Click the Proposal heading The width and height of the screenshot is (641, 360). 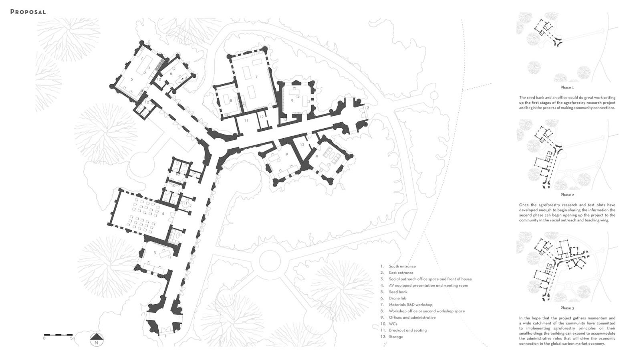(x=28, y=12)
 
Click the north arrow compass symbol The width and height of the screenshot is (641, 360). (x=97, y=340)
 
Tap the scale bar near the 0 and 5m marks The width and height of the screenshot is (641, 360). (x=58, y=334)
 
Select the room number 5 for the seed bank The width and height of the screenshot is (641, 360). (x=132, y=79)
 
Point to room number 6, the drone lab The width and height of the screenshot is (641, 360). (x=171, y=74)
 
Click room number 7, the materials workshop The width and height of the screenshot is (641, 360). (x=256, y=77)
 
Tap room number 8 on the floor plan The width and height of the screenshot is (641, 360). (x=231, y=101)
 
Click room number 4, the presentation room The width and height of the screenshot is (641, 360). (x=163, y=214)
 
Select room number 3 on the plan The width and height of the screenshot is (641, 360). (x=155, y=253)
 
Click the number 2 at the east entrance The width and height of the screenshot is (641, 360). (x=368, y=108)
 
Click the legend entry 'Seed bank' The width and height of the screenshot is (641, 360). (x=398, y=292)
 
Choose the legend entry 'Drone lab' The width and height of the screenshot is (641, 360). (x=397, y=298)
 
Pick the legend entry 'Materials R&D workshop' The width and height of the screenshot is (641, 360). (x=410, y=305)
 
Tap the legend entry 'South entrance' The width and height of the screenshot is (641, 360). (x=402, y=266)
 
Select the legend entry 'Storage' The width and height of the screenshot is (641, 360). (x=396, y=337)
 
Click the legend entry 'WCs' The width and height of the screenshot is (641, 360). (x=393, y=324)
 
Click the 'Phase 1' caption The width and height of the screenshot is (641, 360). (x=567, y=87)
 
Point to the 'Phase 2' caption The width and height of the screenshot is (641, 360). (x=567, y=195)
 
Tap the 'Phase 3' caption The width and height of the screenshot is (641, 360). (x=567, y=308)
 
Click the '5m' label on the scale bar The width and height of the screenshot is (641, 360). (x=73, y=338)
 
